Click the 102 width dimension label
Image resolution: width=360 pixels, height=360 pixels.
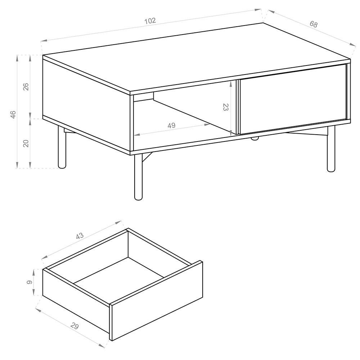150,21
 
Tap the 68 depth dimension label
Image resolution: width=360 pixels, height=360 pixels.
314,24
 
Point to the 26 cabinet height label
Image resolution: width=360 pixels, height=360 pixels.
26,86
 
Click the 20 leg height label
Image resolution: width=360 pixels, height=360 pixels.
26,143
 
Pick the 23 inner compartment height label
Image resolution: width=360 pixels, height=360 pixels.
226,107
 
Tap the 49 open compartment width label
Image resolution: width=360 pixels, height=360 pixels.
171,125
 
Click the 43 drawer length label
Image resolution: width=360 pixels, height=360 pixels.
80,236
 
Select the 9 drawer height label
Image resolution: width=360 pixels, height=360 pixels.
30,282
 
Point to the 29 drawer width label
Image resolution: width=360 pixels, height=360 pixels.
75,326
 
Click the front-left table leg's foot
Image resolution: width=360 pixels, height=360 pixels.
138,197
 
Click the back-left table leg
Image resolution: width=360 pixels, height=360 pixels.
62,147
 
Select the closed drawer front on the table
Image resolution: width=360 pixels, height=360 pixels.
292,99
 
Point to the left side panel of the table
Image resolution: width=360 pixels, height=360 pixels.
86,105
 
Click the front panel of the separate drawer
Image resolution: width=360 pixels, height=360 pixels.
157,301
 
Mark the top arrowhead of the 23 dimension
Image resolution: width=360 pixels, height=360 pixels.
231,84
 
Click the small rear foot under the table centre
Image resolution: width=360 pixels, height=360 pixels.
255,138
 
